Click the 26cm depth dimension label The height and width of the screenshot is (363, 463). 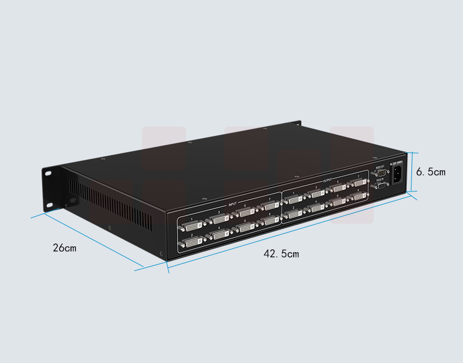64,248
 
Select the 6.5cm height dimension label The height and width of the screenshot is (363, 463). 431,172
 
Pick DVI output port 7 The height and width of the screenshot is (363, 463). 359,183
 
